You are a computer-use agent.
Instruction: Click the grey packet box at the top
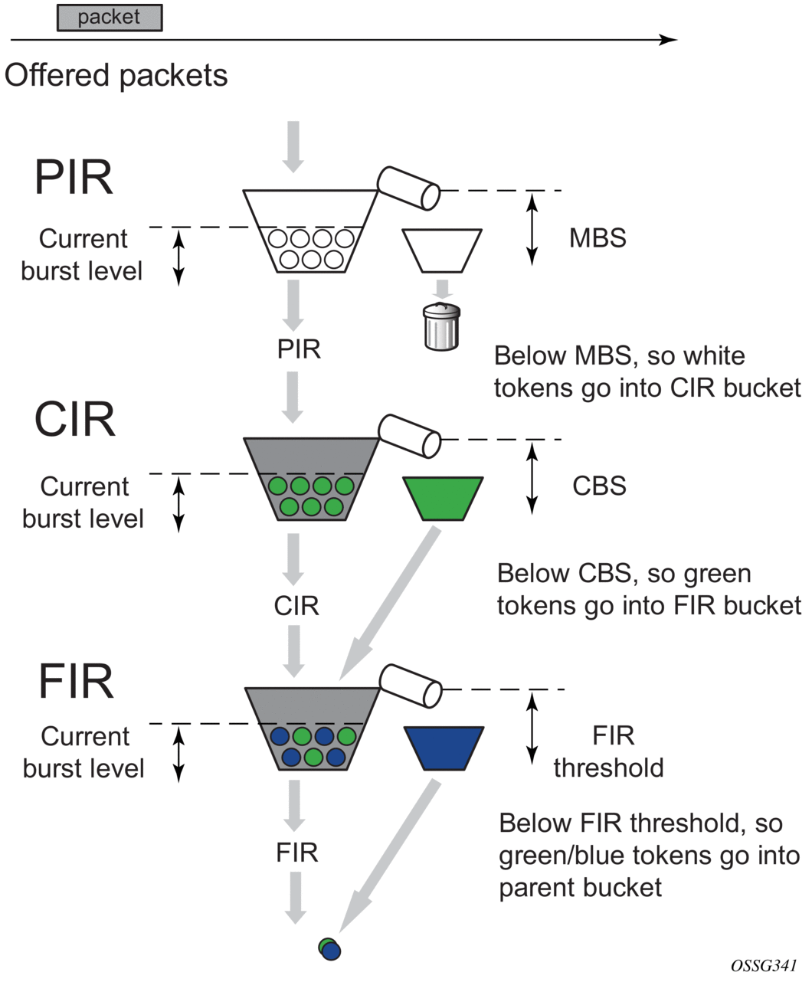click(110, 18)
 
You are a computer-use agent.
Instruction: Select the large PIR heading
click(74, 178)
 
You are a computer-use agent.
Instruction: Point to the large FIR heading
click(76, 681)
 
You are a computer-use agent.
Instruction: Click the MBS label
click(598, 238)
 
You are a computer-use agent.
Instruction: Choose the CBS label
click(599, 486)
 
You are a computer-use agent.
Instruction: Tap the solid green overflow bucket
click(443, 497)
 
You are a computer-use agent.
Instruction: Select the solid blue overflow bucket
click(444, 748)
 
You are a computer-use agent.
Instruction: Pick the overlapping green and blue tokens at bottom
click(329, 948)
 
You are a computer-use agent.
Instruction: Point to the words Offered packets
click(116, 76)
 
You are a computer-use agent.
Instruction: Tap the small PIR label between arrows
click(299, 349)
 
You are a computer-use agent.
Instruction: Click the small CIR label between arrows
click(296, 606)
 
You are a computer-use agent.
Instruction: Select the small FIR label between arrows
click(297, 853)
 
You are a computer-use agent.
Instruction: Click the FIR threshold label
click(610, 751)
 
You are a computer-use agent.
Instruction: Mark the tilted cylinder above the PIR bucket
click(408, 187)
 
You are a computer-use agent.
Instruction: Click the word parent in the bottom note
click(535, 888)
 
